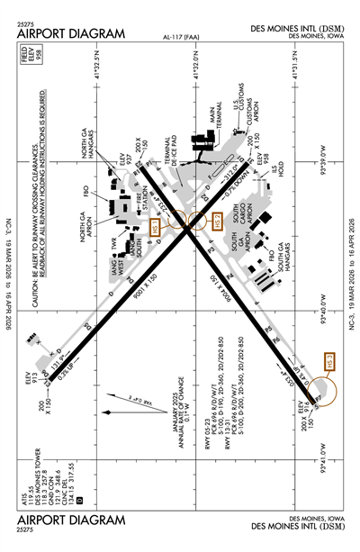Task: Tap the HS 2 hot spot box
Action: click(216, 221)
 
